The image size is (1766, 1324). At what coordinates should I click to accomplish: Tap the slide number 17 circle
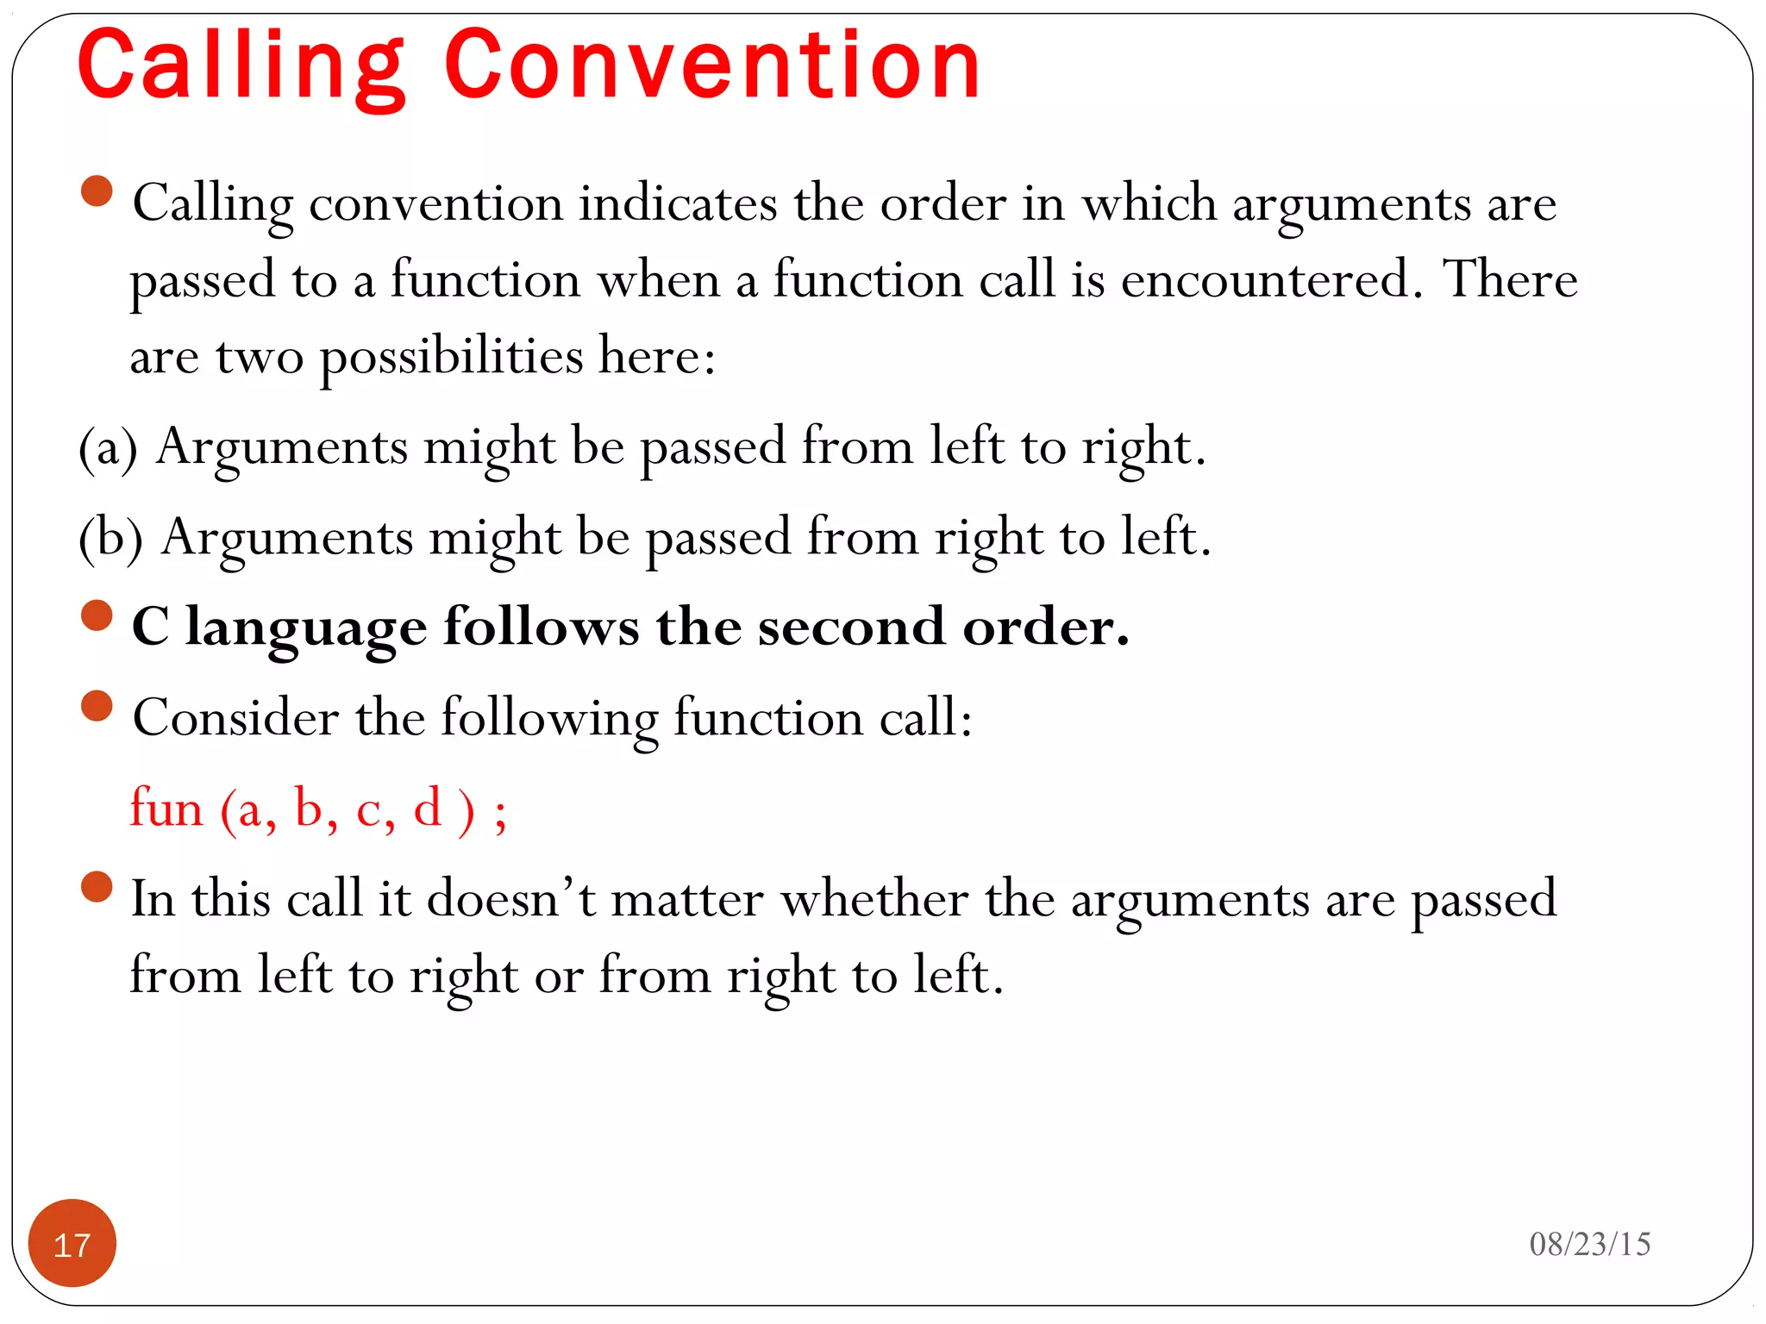click(72, 1243)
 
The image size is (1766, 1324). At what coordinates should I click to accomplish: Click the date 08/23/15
click(1589, 1244)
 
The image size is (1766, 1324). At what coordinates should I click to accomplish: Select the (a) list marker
click(108, 448)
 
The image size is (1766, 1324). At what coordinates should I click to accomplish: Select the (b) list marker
click(110, 539)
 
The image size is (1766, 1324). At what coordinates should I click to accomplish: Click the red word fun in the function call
click(166, 809)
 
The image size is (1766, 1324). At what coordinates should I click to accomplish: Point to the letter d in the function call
click(428, 808)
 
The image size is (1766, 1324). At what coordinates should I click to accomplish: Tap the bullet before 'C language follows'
click(97, 616)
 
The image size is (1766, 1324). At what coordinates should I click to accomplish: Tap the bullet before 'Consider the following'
click(97, 706)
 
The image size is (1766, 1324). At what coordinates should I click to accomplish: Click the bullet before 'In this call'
click(97, 887)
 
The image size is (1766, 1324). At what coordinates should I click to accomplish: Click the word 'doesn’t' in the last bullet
click(510, 899)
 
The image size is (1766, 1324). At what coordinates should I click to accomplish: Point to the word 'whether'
click(874, 899)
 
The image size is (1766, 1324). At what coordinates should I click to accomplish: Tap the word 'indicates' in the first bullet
click(678, 204)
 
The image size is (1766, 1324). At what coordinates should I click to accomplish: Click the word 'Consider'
click(236, 717)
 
